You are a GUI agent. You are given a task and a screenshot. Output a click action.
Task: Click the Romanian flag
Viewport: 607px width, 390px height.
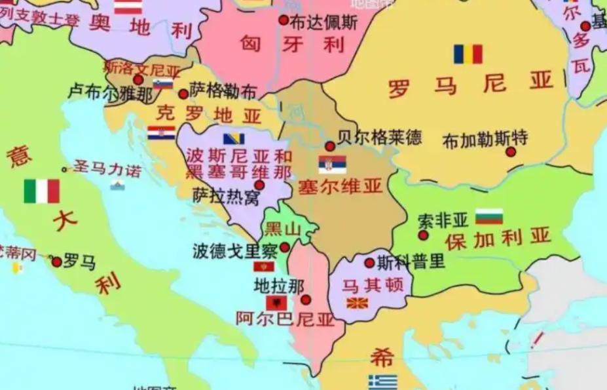click(468, 54)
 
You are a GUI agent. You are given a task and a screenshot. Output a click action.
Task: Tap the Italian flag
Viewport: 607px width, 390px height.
click(42, 191)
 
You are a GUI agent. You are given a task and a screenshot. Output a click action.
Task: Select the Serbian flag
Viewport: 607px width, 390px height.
click(332, 165)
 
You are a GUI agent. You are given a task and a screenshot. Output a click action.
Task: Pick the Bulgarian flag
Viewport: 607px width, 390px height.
click(488, 216)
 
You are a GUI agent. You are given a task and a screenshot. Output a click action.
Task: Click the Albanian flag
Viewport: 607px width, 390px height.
click(276, 302)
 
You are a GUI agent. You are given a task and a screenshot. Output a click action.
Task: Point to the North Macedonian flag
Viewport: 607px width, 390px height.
click(356, 303)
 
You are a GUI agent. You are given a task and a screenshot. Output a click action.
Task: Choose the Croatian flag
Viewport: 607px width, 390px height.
click(161, 132)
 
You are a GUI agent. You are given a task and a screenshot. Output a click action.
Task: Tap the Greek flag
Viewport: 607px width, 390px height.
click(382, 381)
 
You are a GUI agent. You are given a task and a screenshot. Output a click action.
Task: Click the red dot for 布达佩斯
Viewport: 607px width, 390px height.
click(284, 20)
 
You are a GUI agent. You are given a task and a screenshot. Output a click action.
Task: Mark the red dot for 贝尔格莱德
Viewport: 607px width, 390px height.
click(330, 146)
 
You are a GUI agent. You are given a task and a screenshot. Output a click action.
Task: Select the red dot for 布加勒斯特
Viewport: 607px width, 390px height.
click(511, 152)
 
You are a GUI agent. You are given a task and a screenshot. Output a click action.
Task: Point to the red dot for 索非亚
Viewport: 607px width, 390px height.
click(423, 235)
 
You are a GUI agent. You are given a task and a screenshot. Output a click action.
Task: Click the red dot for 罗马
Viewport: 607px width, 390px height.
click(57, 262)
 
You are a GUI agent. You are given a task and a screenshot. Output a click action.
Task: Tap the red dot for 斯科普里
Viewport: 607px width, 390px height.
click(369, 262)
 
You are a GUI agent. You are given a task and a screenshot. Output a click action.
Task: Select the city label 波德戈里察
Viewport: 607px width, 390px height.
click(235, 250)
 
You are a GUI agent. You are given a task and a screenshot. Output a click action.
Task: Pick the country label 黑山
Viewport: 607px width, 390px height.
click(282, 229)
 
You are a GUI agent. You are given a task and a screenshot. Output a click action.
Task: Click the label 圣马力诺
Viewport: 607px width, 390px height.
click(107, 169)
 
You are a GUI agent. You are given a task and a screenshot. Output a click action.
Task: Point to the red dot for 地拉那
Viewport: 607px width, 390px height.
click(305, 300)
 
